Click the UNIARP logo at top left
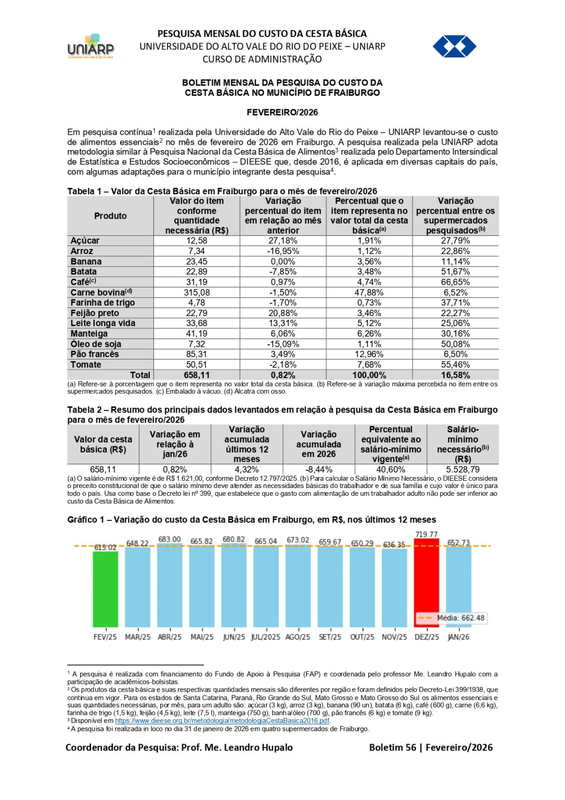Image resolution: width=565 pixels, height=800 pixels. coord(91,47)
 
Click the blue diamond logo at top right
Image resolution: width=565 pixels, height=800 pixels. coord(454,46)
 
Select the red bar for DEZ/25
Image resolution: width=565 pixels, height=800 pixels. coord(426,586)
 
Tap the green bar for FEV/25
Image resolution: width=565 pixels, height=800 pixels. coord(105,589)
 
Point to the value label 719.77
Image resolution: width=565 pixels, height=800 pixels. coord(426,534)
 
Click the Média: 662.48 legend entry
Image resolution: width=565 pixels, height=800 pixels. coord(451,618)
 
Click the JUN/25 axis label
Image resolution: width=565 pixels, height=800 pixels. coord(234,637)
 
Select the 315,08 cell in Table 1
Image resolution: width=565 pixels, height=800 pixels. coord(197,292)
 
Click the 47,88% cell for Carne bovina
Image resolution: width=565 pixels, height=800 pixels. coord(369,292)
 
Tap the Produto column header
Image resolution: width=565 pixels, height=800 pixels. coord(110,216)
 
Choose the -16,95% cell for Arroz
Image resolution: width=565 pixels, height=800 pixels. coord(283,251)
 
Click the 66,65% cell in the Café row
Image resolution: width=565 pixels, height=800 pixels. coord(455,282)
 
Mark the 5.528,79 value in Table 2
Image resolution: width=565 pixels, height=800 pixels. coord(463,469)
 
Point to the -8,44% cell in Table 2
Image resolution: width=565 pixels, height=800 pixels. coord(318,469)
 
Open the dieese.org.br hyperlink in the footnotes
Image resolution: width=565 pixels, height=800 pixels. coord(222,721)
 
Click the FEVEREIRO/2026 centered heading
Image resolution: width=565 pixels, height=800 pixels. coord(282,112)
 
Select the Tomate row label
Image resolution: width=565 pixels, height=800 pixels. coord(86,365)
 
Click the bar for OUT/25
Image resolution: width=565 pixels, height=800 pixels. coord(362,587)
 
